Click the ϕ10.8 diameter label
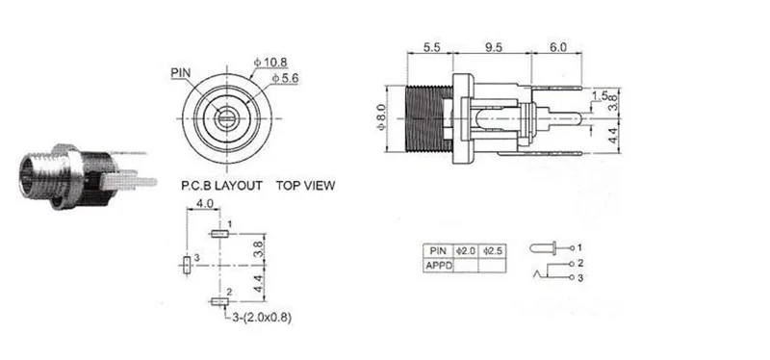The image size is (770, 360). coord(270,63)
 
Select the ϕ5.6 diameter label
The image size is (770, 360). coord(285,78)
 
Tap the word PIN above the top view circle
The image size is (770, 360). coord(181,73)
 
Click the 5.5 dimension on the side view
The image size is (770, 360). coord(429,47)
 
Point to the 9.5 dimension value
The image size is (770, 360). coord(493,47)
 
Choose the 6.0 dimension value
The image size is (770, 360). coord(557,47)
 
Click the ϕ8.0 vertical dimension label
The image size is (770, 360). coord(382,119)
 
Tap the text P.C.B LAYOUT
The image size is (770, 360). coord(221,186)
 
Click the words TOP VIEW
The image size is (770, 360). coord(305,186)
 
